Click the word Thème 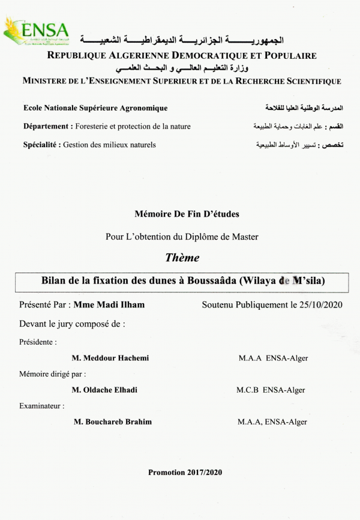coord(182,258)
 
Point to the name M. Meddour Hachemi coord(110,358)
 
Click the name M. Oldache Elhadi coord(104,390)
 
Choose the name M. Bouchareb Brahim coord(112,422)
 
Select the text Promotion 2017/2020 coord(185,473)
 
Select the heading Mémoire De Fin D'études coord(182,214)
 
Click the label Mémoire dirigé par coord(48,373)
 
